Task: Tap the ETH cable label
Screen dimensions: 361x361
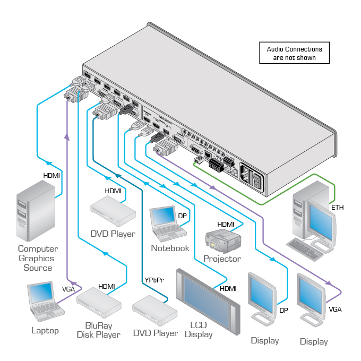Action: [337, 208]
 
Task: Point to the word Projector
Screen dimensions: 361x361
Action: [222, 259]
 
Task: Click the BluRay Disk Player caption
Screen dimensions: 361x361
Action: [99, 330]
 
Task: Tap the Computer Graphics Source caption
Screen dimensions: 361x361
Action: [38, 258]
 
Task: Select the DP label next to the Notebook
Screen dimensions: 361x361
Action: [182, 216]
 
